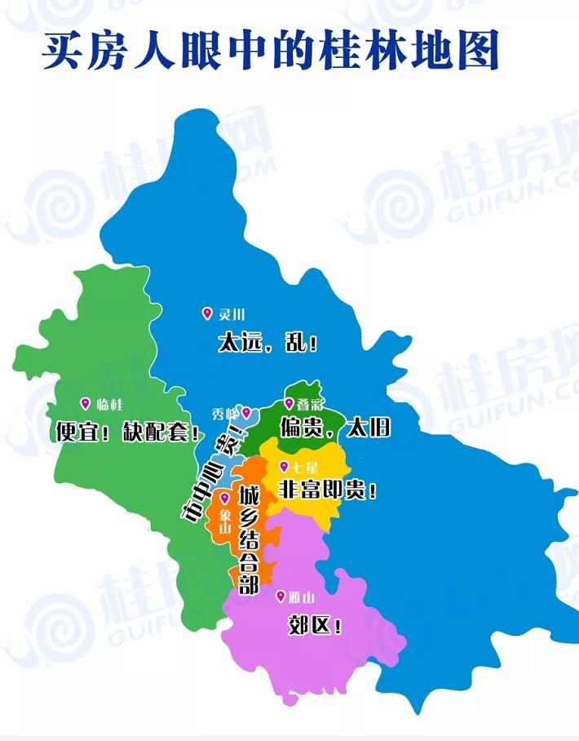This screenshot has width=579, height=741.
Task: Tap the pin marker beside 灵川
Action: pyautogui.click(x=206, y=313)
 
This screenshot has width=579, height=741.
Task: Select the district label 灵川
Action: pyautogui.click(x=232, y=315)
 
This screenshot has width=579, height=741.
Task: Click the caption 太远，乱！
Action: pyautogui.click(x=268, y=342)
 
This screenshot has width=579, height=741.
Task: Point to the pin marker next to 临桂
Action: pyautogui.click(x=85, y=402)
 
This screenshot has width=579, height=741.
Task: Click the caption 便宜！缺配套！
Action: pyautogui.click(x=128, y=431)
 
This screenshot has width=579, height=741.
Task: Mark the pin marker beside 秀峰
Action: pyautogui.click(x=245, y=413)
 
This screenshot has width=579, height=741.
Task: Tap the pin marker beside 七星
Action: pyautogui.click(x=284, y=466)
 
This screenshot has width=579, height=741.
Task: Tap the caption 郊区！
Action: pyautogui.click(x=315, y=624)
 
